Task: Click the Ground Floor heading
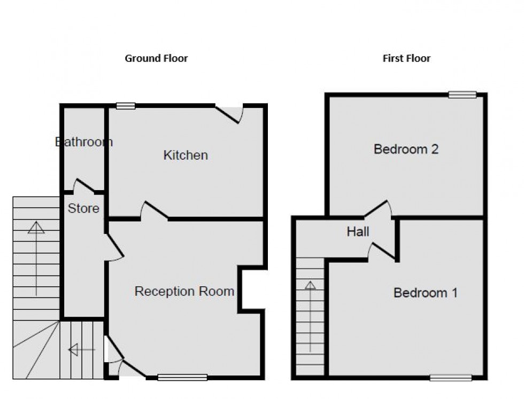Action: tap(156, 58)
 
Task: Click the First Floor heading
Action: tap(406, 58)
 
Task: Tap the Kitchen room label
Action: tap(186, 155)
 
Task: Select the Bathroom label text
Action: tap(84, 142)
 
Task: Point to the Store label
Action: tap(83, 208)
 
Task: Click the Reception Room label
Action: tap(184, 292)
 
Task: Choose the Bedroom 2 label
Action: tap(406, 149)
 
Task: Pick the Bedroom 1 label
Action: tap(425, 293)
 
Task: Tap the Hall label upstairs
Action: tap(358, 232)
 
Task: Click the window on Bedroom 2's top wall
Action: tap(462, 95)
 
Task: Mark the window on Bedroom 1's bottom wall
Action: tap(451, 378)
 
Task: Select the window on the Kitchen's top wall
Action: tap(126, 106)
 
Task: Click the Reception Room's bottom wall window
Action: tap(182, 378)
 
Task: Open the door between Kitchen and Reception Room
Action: tap(155, 211)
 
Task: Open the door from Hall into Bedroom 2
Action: tap(378, 209)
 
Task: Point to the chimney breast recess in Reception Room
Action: tap(252, 289)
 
